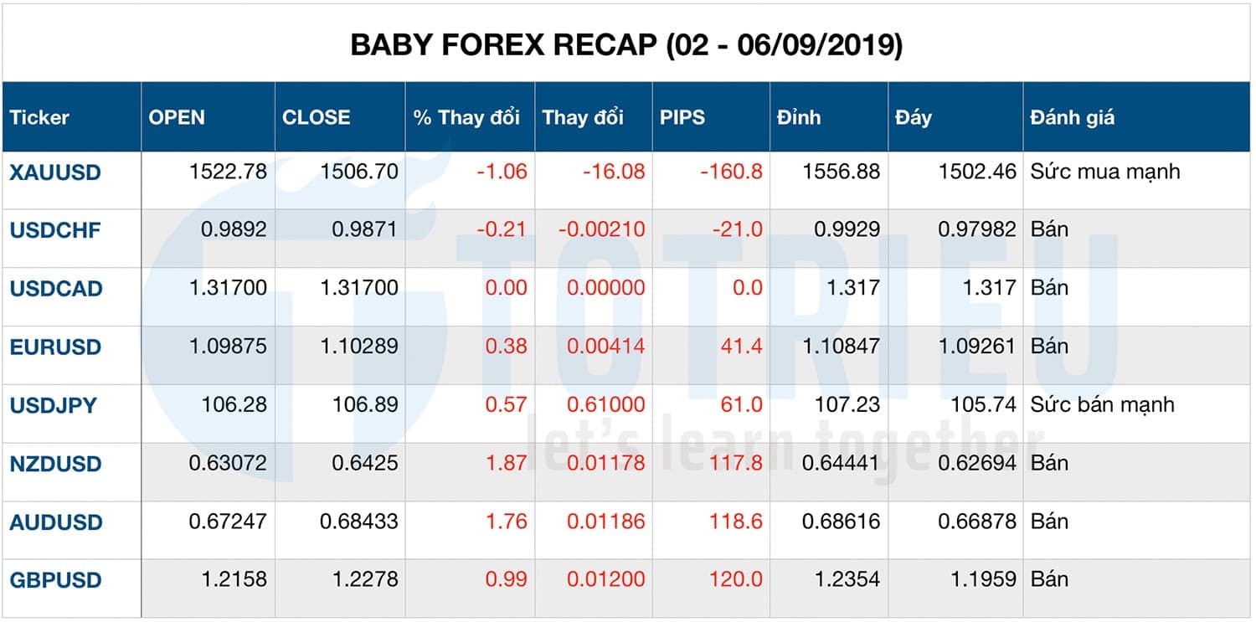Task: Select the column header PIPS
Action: [x=682, y=117]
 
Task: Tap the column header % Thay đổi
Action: [x=466, y=117]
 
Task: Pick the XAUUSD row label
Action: [x=55, y=172]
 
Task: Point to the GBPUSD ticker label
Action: [x=55, y=580]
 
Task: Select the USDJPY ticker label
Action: [x=54, y=406]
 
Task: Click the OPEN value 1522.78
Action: [x=229, y=172]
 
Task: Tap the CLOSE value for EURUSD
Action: [x=359, y=347]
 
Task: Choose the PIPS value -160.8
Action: [x=731, y=172]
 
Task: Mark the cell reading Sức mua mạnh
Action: [x=1105, y=172]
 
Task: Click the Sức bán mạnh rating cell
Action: [x=1103, y=405]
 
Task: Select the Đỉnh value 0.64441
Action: [x=841, y=464]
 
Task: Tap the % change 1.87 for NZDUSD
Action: [x=507, y=464]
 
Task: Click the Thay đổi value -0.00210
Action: [x=600, y=230]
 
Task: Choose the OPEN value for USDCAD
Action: [x=229, y=289]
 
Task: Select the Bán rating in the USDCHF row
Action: [x=1049, y=230]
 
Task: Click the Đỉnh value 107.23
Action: [x=847, y=405]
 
